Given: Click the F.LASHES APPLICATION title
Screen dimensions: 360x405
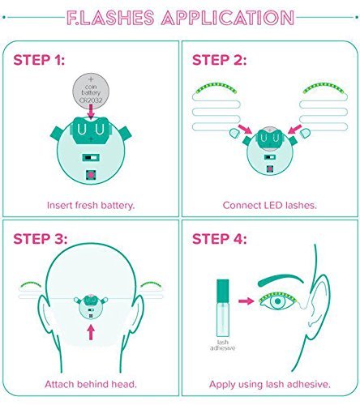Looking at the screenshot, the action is coord(180,18).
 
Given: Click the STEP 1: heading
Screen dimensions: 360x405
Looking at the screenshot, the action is coord(39,60).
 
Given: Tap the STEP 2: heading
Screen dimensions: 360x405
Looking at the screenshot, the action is coord(219,60).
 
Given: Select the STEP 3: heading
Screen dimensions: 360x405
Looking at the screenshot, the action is coord(40,239).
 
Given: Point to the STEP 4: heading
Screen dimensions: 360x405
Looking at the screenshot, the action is coord(219,239).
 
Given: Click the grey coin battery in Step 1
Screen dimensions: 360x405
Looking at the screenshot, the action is coord(91,91).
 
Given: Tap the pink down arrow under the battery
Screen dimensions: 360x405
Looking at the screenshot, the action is coord(91,112).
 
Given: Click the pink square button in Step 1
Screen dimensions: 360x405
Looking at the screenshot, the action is coord(91,175).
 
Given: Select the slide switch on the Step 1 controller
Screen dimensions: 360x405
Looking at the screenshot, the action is coord(91,158).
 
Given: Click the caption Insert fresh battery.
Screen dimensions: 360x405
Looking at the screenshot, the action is coord(91,205).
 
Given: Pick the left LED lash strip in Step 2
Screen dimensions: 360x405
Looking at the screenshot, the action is coord(216,87).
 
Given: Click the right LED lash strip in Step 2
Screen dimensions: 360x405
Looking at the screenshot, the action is coord(324,87).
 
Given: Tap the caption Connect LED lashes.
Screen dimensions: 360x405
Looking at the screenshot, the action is coord(269,205).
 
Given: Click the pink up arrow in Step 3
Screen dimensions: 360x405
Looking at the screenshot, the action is coord(91,332).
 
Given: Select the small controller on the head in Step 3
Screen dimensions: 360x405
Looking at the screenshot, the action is coord(91,307).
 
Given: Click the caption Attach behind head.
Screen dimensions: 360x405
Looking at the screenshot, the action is coord(91,384).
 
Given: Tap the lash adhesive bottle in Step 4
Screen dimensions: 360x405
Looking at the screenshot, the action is coord(223,308).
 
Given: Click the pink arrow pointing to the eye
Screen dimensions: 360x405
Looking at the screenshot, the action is coord(246,301).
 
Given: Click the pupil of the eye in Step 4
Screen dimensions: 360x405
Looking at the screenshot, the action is coord(277,301).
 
